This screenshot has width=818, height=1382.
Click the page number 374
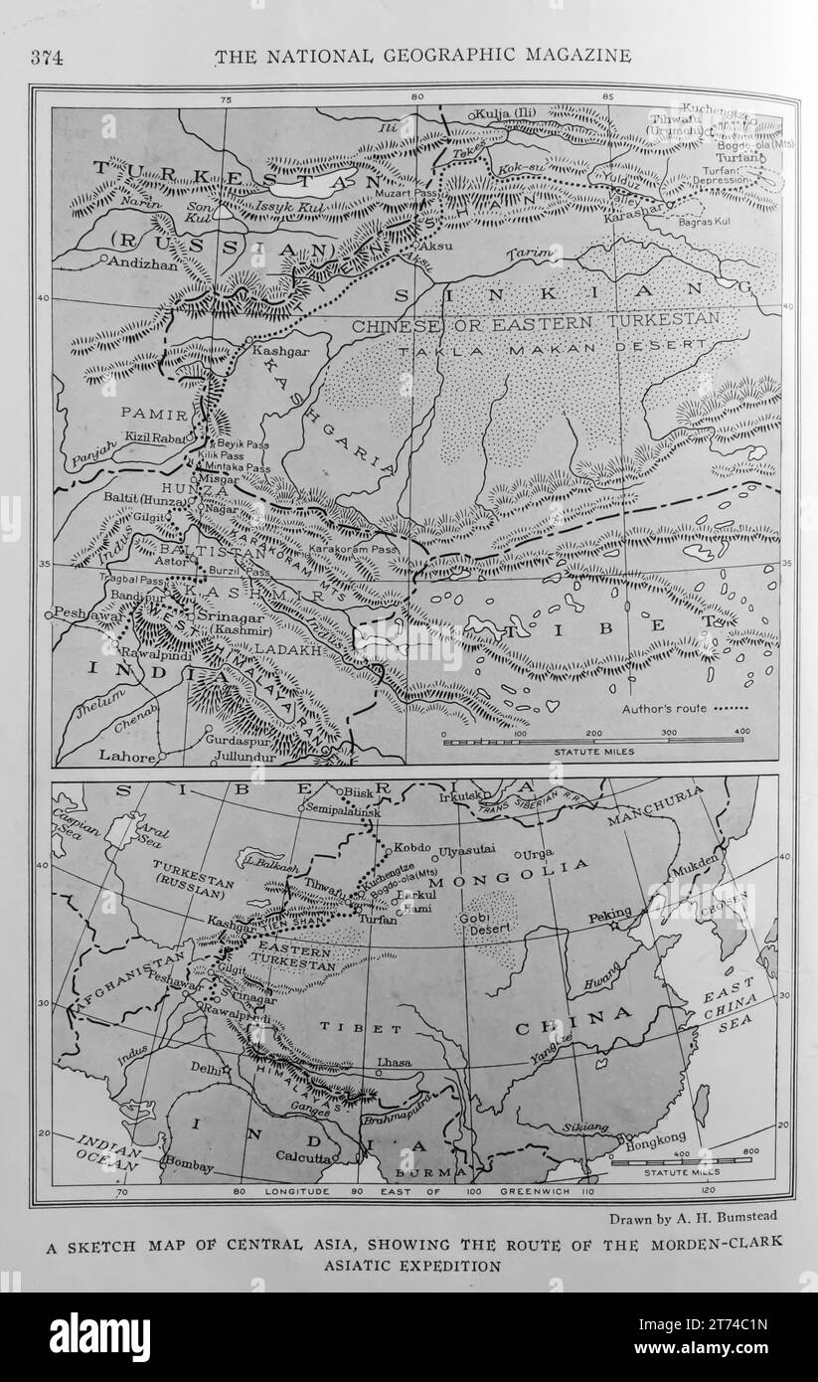click(47, 57)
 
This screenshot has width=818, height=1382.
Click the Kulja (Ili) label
click(506, 112)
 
